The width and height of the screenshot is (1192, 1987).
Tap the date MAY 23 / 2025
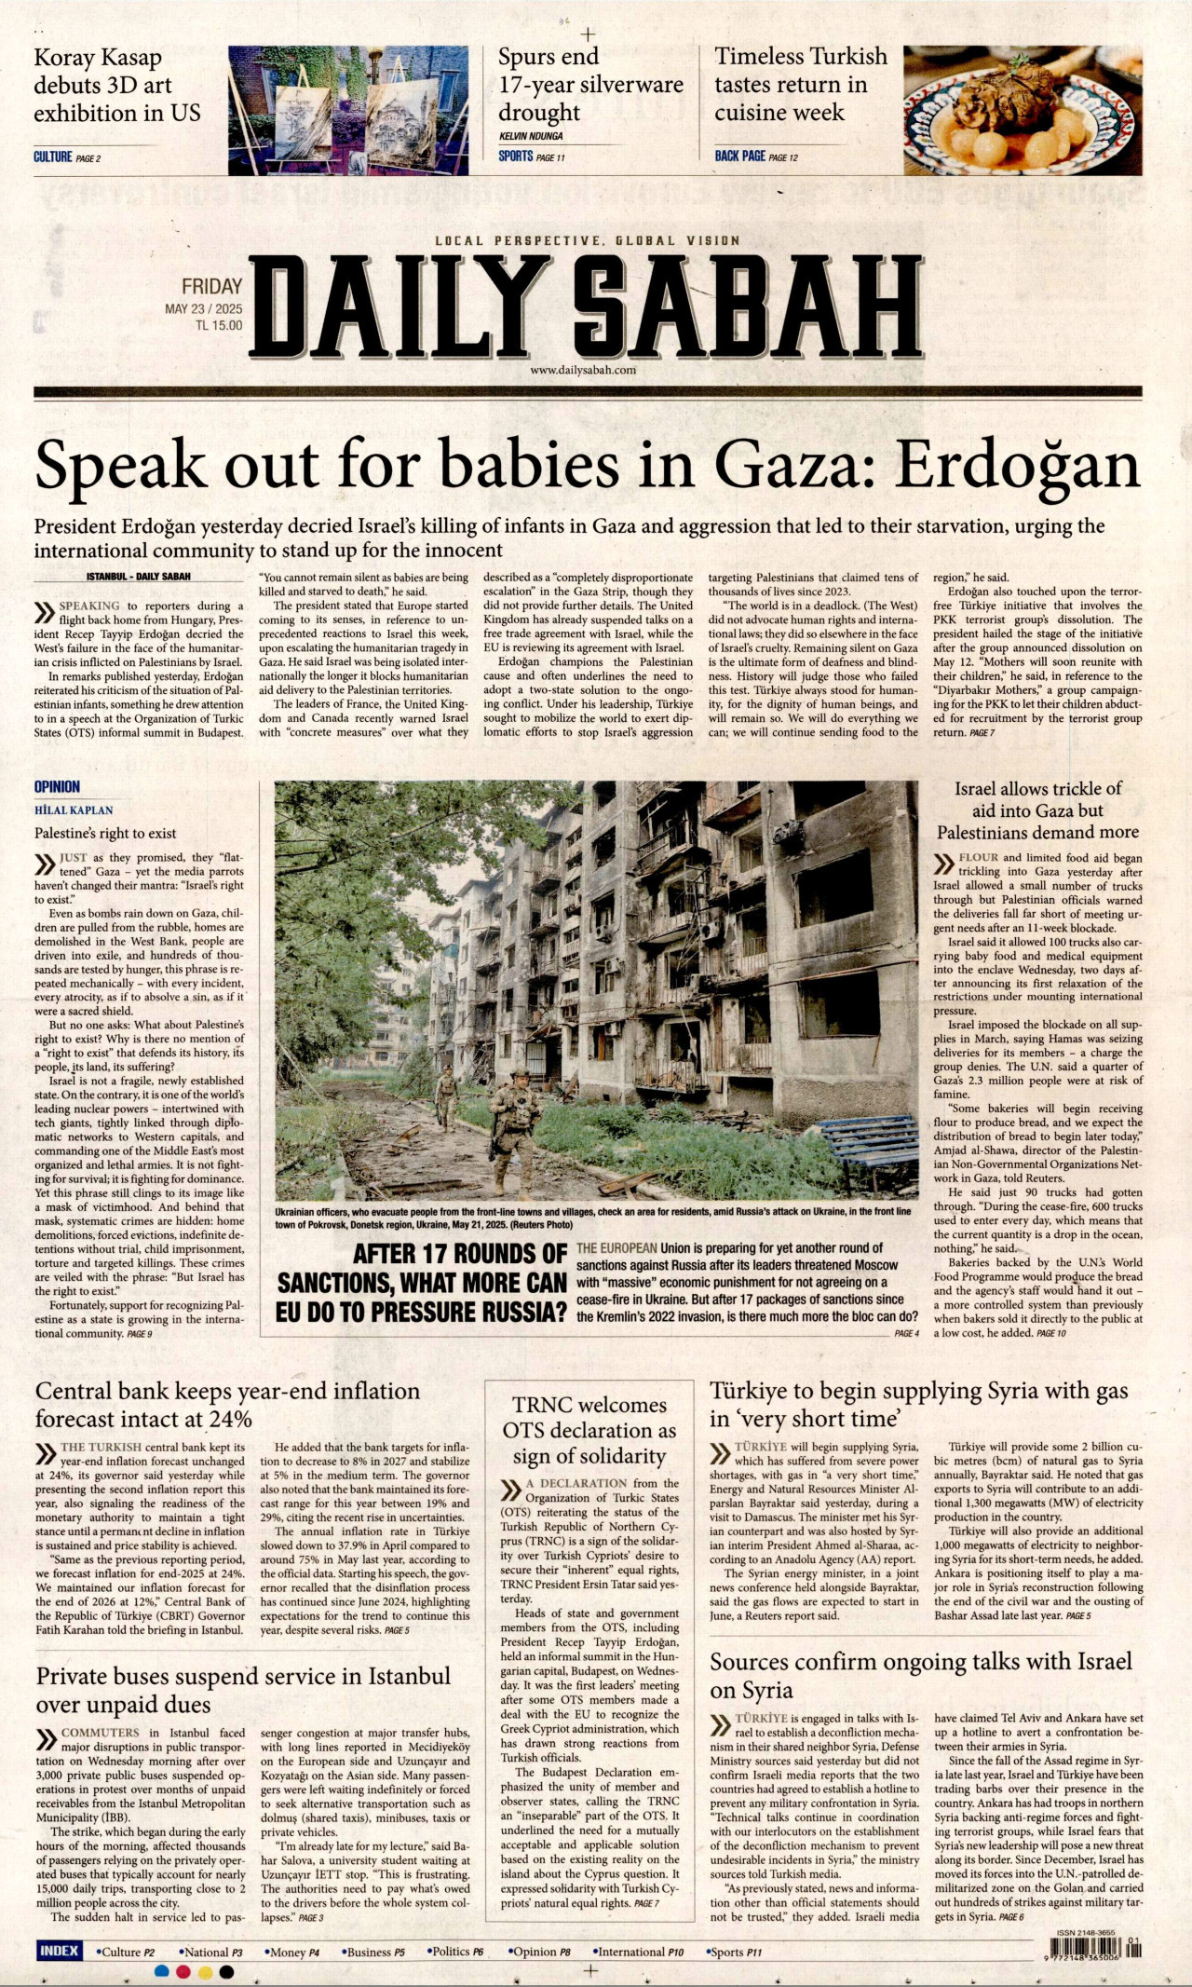point(203,309)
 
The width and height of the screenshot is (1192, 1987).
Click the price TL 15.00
point(218,326)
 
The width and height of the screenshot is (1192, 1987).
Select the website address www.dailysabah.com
point(582,370)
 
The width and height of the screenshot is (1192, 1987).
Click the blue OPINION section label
point(58,787)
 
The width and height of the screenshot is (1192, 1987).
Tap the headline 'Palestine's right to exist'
point(105,833)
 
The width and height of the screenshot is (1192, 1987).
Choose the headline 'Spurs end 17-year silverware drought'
point(590,85)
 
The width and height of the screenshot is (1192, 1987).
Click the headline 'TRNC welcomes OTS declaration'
point(589,1430)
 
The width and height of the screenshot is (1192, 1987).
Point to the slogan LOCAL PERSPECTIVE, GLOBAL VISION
point(588,240)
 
